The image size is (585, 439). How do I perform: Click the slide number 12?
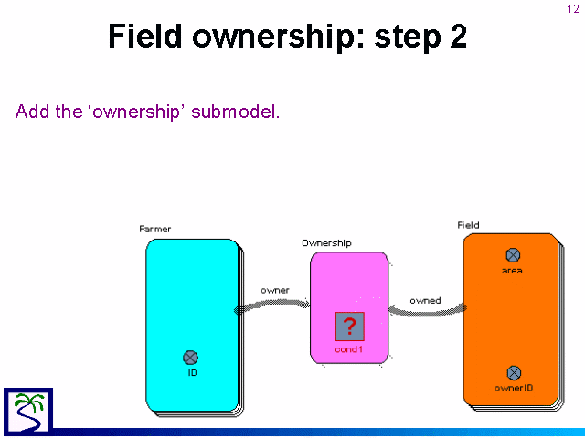pyautogui.click(x=573, y=9)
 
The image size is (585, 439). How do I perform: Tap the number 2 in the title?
pyautogui.click(x=458, y=37)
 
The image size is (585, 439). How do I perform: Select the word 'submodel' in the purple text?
pyautogui.click(x=235, y=112)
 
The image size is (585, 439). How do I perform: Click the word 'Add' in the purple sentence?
pyautogui.click(x=33, y=112)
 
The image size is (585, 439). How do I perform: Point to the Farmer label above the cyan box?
pyautogui.click(x=154, y=229)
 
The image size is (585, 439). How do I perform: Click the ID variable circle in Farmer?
pyautogui.click(x=191, y=358)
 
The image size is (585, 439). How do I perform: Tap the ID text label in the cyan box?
pyautogui.click(x=192, y=372)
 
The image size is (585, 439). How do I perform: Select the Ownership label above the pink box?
pyautogui.click(x=326, y=243)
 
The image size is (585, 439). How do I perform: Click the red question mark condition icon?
pyautogui.click(x=349, y=327)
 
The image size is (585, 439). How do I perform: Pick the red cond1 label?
pyautogui.click(x=349, y=349)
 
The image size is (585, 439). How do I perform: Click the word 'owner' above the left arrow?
pyautogui.click(x=275, y=291)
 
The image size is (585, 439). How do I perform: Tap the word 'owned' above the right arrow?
pyautogui.click(x=425, y=301)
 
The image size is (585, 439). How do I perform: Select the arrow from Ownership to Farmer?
pyautogui.click(x=272, y=304)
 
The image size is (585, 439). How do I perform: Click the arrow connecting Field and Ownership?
pyautogui.click(x=427, y=312)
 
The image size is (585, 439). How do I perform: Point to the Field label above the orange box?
pyautogui.click(x=468, y=225)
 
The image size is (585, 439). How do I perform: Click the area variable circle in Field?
pyautogui.click(x=513, y=255)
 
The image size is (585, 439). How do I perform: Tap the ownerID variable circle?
pyautogui.click(x=514, y=373)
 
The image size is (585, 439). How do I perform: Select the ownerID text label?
pyautogui.click(x=514, y=388)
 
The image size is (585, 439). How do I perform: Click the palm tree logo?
pyautogui.click(x=28, y=411)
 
